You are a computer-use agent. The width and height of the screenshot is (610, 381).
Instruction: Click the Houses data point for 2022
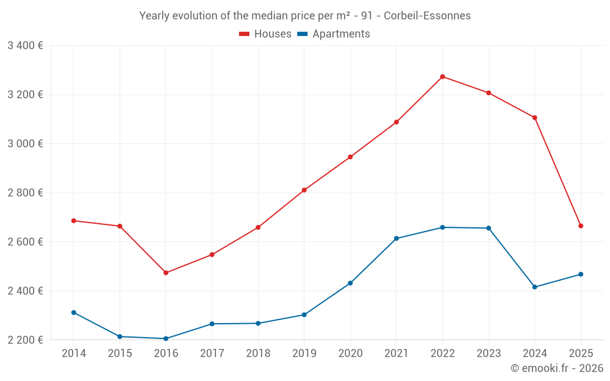[x=442, y=77]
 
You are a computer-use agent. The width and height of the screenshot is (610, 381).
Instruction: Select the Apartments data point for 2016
[x=166, y=338]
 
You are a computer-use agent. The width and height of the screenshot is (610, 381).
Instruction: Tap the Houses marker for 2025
[x=581, y=226]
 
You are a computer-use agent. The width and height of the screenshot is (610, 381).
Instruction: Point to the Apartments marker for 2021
[x=396, y=238]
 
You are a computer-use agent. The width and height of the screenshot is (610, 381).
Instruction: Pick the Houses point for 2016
[x=166, y=272]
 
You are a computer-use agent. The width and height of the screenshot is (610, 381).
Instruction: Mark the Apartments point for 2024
[x=535, y=287]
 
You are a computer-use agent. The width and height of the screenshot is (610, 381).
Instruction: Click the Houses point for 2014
[x=74, y=221]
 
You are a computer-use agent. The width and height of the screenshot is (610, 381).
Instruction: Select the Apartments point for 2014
[x=74, y=313]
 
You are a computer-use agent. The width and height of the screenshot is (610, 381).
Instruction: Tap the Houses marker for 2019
[x=304, y=190]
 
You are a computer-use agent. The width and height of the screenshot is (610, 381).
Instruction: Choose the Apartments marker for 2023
[x=489, y=228]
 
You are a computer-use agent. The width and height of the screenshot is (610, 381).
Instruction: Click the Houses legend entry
[x=265, y=34]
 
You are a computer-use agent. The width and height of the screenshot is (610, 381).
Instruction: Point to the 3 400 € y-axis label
[x=26, y=46]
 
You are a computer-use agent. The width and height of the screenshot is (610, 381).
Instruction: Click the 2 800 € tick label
[x=26, y=193]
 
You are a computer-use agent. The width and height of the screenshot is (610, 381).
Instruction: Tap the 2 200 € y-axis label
[x=26, y=340]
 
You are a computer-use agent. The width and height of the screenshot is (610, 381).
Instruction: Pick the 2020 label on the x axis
[x=350, y=354]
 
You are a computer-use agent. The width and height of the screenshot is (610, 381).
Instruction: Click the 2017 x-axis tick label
[x=212, y=354]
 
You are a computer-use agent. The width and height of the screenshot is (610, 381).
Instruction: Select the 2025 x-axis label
[x=581, y=354]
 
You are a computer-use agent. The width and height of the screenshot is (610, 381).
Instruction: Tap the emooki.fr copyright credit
[x=557, y=368]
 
